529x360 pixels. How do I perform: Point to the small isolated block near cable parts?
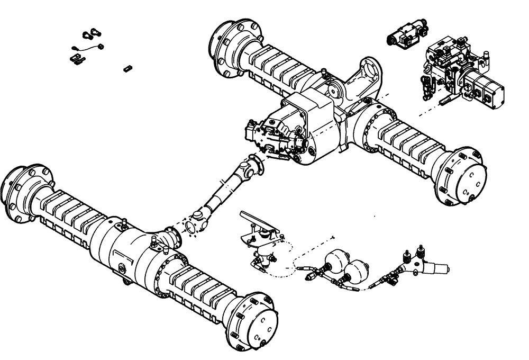(x=126, y=68)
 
